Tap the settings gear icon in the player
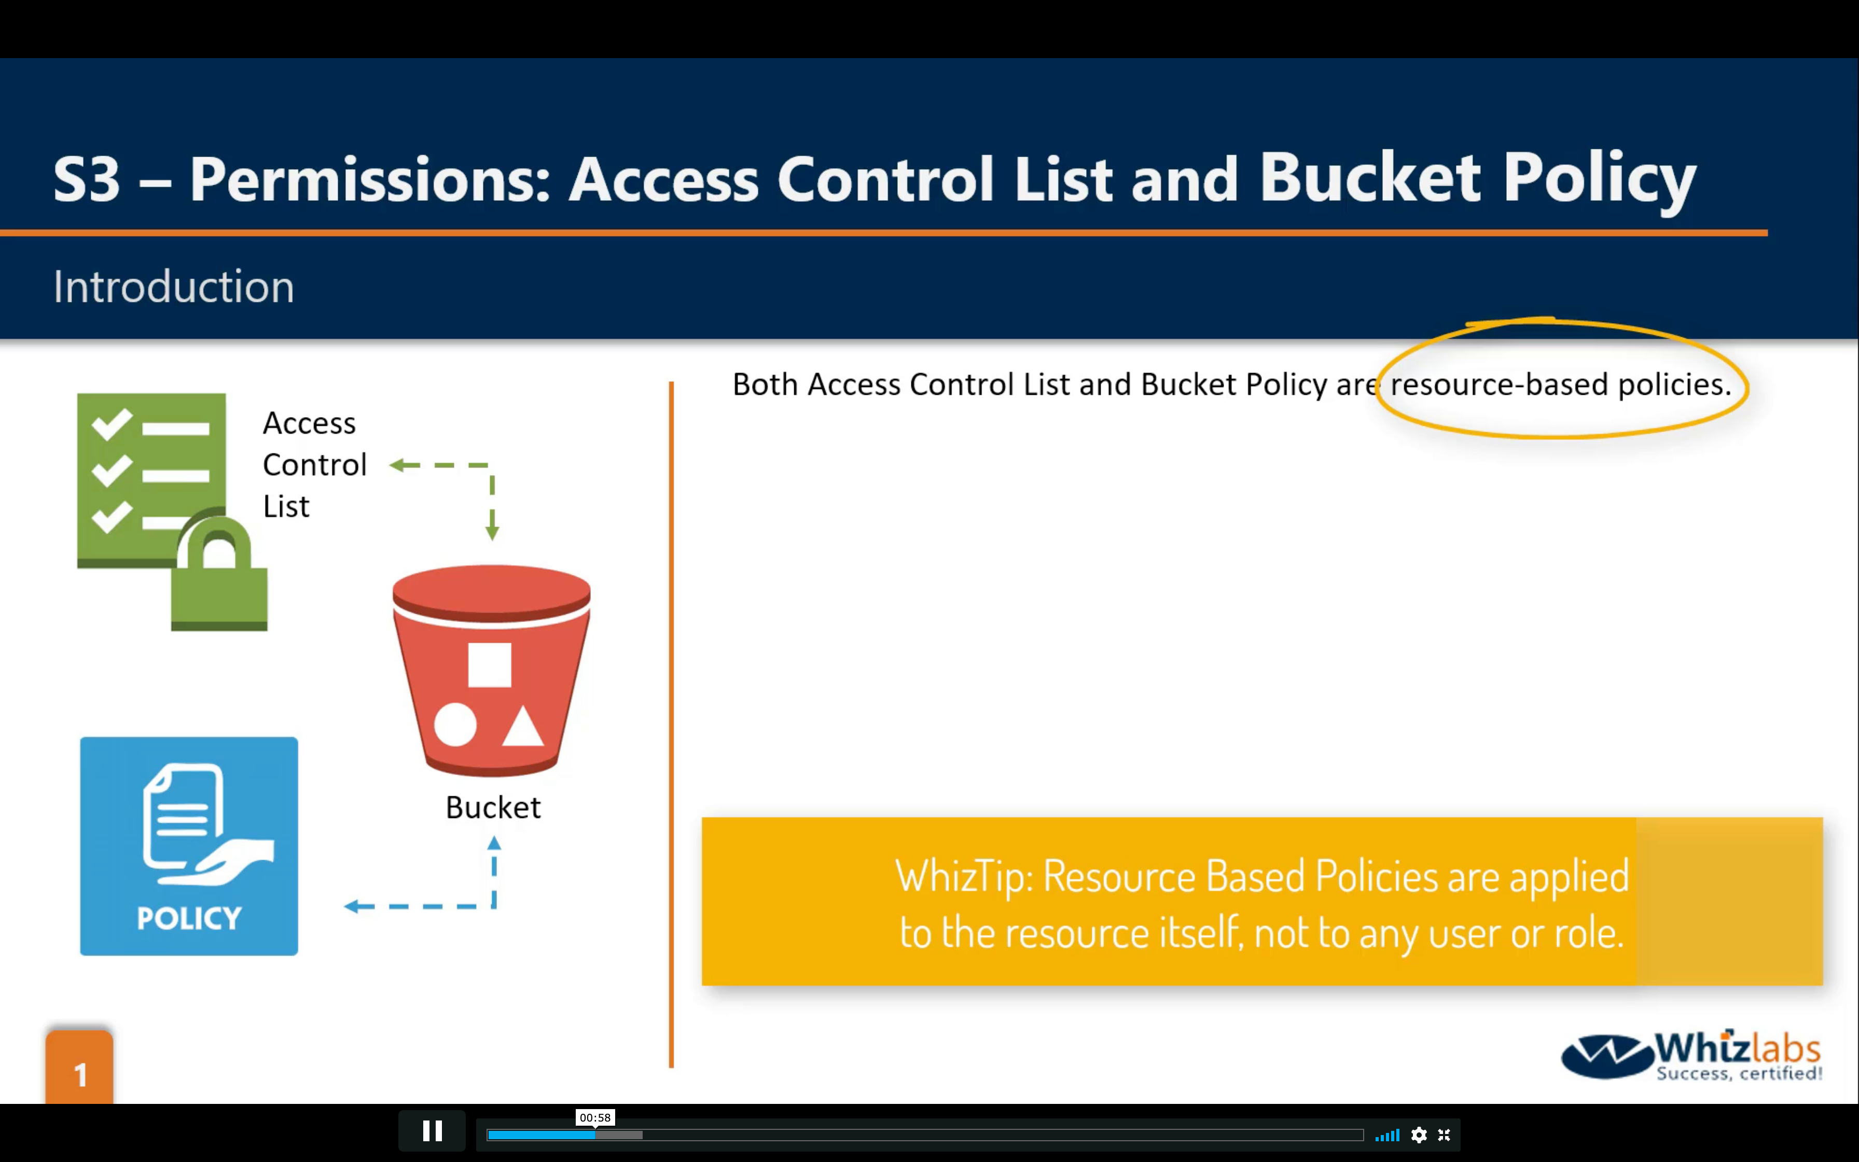point(1419,1135)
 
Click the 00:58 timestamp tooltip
point(595,1117)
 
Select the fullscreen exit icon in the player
point(1444,1135)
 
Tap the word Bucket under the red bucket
point(493,808)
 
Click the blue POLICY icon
point(189,846)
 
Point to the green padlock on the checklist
point(219,573)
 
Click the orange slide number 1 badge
point(79,1068)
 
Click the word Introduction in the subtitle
point(174,287)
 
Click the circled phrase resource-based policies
point(1560,384)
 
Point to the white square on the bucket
point(489,665)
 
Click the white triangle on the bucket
point(523,726)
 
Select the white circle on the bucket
point(455,725)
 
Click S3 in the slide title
point(87,179)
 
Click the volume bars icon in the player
point(1388,1135)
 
